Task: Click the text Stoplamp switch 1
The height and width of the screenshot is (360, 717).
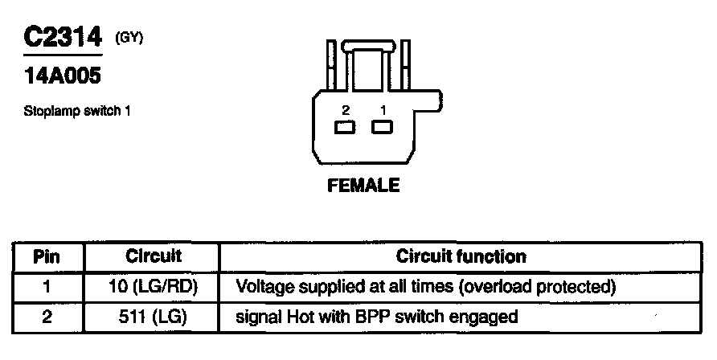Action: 77,111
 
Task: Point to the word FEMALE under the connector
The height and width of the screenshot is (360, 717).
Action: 363,186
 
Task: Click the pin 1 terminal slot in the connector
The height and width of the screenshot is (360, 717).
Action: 381,127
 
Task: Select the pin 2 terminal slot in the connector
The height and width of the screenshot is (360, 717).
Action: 346,127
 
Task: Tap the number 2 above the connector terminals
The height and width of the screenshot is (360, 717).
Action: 346,108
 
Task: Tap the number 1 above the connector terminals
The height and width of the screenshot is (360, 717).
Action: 383,108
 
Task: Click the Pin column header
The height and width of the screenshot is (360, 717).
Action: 47,257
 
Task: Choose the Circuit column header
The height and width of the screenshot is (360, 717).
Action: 154,257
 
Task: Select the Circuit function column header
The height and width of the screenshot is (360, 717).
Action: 461,257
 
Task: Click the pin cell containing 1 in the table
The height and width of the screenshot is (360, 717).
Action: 47,286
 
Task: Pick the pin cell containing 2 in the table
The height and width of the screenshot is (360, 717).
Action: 47,317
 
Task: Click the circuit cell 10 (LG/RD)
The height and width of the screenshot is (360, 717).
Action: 154,286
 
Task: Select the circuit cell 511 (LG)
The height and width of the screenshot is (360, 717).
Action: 154,317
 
